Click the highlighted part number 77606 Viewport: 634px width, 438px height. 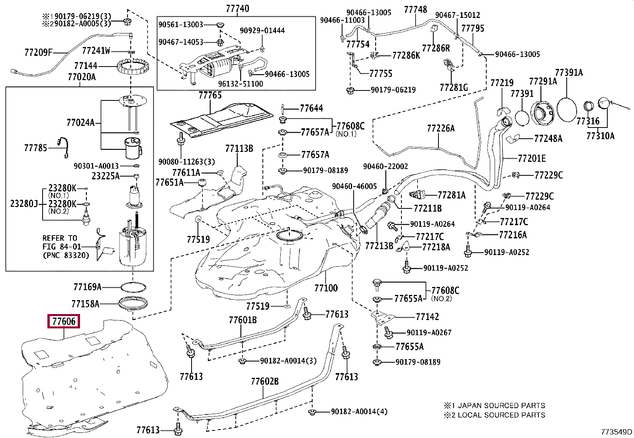[64, 321]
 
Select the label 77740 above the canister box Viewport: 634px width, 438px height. [237, 8]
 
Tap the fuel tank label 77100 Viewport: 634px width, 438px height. [326, 288]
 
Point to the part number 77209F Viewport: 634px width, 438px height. [38, 52]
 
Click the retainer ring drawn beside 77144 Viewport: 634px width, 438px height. [131, 68]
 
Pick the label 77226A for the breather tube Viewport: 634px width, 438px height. [440, 128]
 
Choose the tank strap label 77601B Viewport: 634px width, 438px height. [243, 320]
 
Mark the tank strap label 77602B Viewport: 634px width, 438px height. [265, 381]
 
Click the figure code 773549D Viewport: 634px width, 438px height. [616, 432]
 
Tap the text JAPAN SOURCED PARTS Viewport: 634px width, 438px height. [501, 406]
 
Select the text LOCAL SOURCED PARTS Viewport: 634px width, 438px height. [501, 415]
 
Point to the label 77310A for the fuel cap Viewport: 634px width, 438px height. [600, 136]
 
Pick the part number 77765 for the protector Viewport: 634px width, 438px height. [210, 95]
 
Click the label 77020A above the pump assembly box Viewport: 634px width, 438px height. [82, 77]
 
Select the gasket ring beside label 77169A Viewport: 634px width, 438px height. [133, 287]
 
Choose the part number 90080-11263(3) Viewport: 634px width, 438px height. [186, 162]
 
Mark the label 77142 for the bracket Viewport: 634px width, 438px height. [427, 317]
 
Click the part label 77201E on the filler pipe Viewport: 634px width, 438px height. [532, 159]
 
